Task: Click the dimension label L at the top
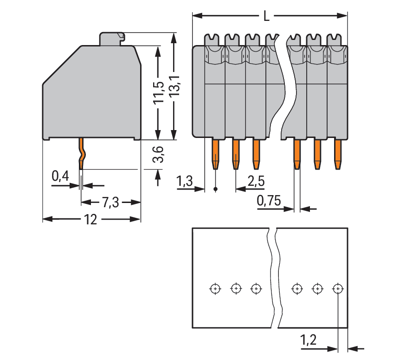pos(266,17)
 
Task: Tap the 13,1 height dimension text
pos(174,86)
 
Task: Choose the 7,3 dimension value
pos(110,202)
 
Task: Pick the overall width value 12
pos(91,219)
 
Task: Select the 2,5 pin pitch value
pos(256,181)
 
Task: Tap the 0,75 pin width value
pos(269,201)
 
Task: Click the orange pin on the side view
pos(82,153)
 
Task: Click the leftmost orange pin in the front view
pos(216,153)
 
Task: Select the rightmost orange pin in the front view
pos(338,153)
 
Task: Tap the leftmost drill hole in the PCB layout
pos(215,289)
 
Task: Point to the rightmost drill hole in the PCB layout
pos(338,289)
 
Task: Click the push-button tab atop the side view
pos(112,38)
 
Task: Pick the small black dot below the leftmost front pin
pos(216,189)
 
